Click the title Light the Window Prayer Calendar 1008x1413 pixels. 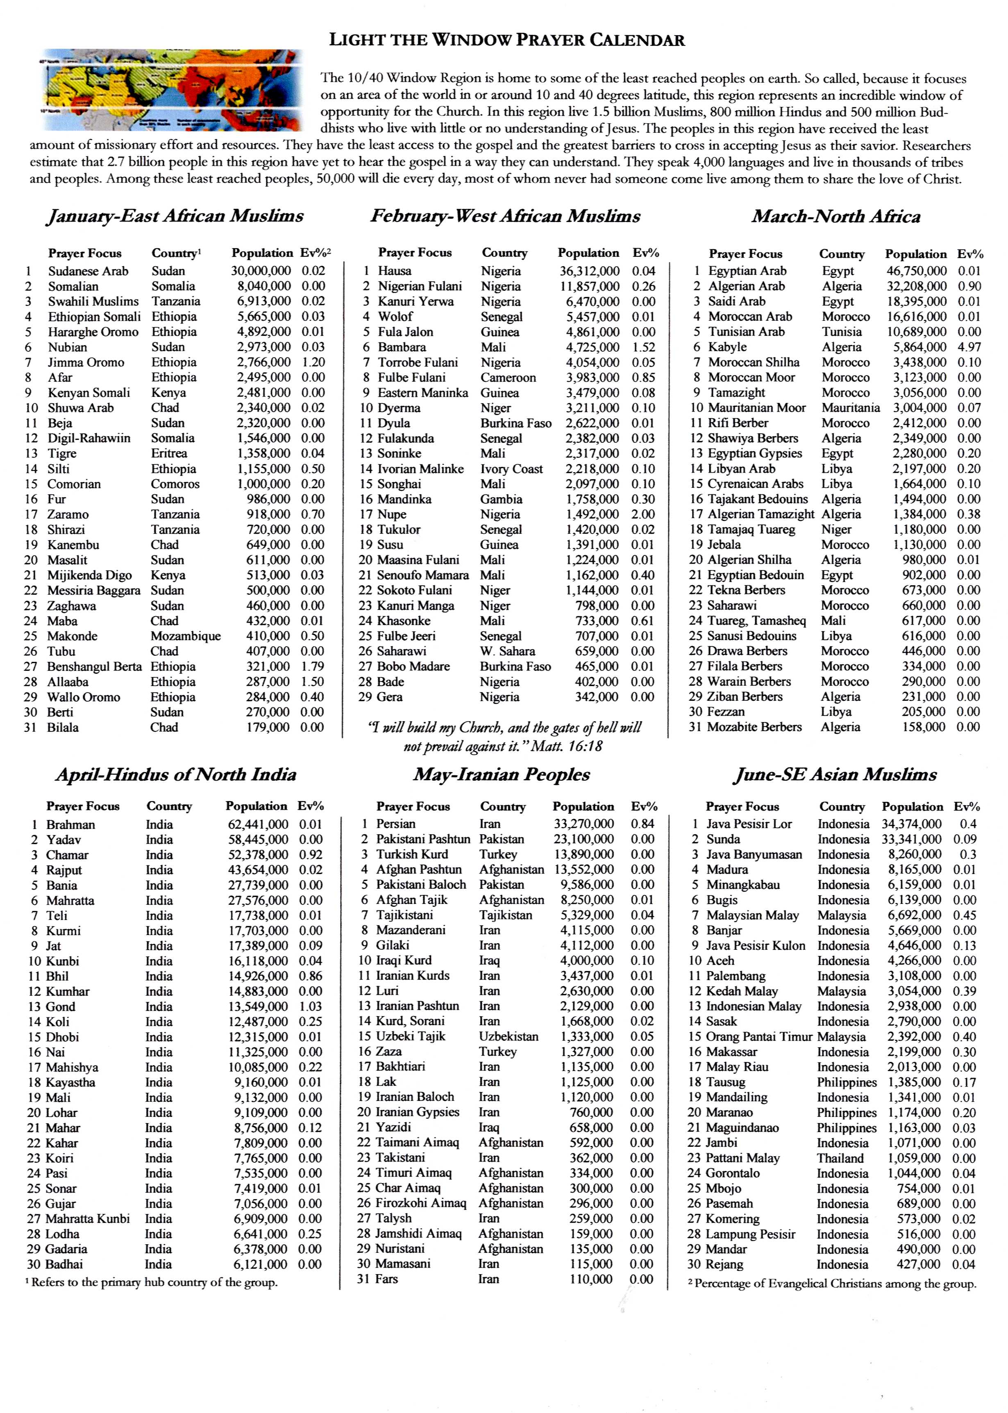(506, 40)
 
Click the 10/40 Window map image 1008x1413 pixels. (173, 90)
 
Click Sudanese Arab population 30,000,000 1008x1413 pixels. (261, 271)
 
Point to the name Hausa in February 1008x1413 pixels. (395, 271)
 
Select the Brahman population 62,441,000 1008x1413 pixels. (258, 824)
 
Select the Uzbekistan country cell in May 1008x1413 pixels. (509, 1037)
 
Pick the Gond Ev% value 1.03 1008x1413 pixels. (310, 1007)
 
